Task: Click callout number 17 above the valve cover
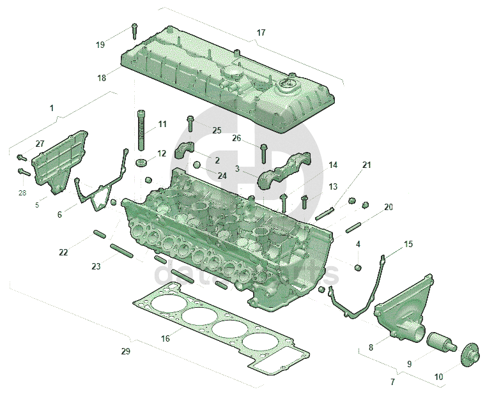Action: (261, 33)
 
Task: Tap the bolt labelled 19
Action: (135, 30)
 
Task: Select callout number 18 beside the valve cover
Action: (102, 78)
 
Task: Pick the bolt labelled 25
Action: (190, 121)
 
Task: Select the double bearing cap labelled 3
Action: (284, 171)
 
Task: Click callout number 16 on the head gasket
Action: (166, 338)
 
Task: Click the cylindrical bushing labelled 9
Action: (439, 344)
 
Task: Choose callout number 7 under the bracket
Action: (392, 382)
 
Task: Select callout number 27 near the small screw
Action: (40, 144)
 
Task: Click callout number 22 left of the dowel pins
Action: (63, 252)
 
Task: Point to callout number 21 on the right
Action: (366, 165)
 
